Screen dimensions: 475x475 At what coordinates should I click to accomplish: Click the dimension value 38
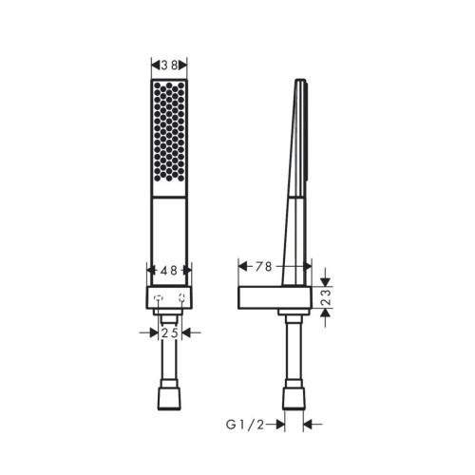[x=169, y=65]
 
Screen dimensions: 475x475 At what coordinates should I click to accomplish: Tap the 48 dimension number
[x=169, y=270]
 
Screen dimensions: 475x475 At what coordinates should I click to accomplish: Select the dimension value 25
[x=169, y=333]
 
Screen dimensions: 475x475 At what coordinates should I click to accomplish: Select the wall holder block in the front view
[x=169, y=297]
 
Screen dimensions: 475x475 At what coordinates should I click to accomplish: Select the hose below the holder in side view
[x=294, y=351]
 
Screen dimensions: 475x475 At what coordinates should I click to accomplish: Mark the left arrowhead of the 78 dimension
[x=239, y=266]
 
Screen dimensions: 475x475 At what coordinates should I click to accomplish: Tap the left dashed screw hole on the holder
[x=158, y=305]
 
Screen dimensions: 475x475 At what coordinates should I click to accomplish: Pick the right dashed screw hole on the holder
[x=180, y=305]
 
